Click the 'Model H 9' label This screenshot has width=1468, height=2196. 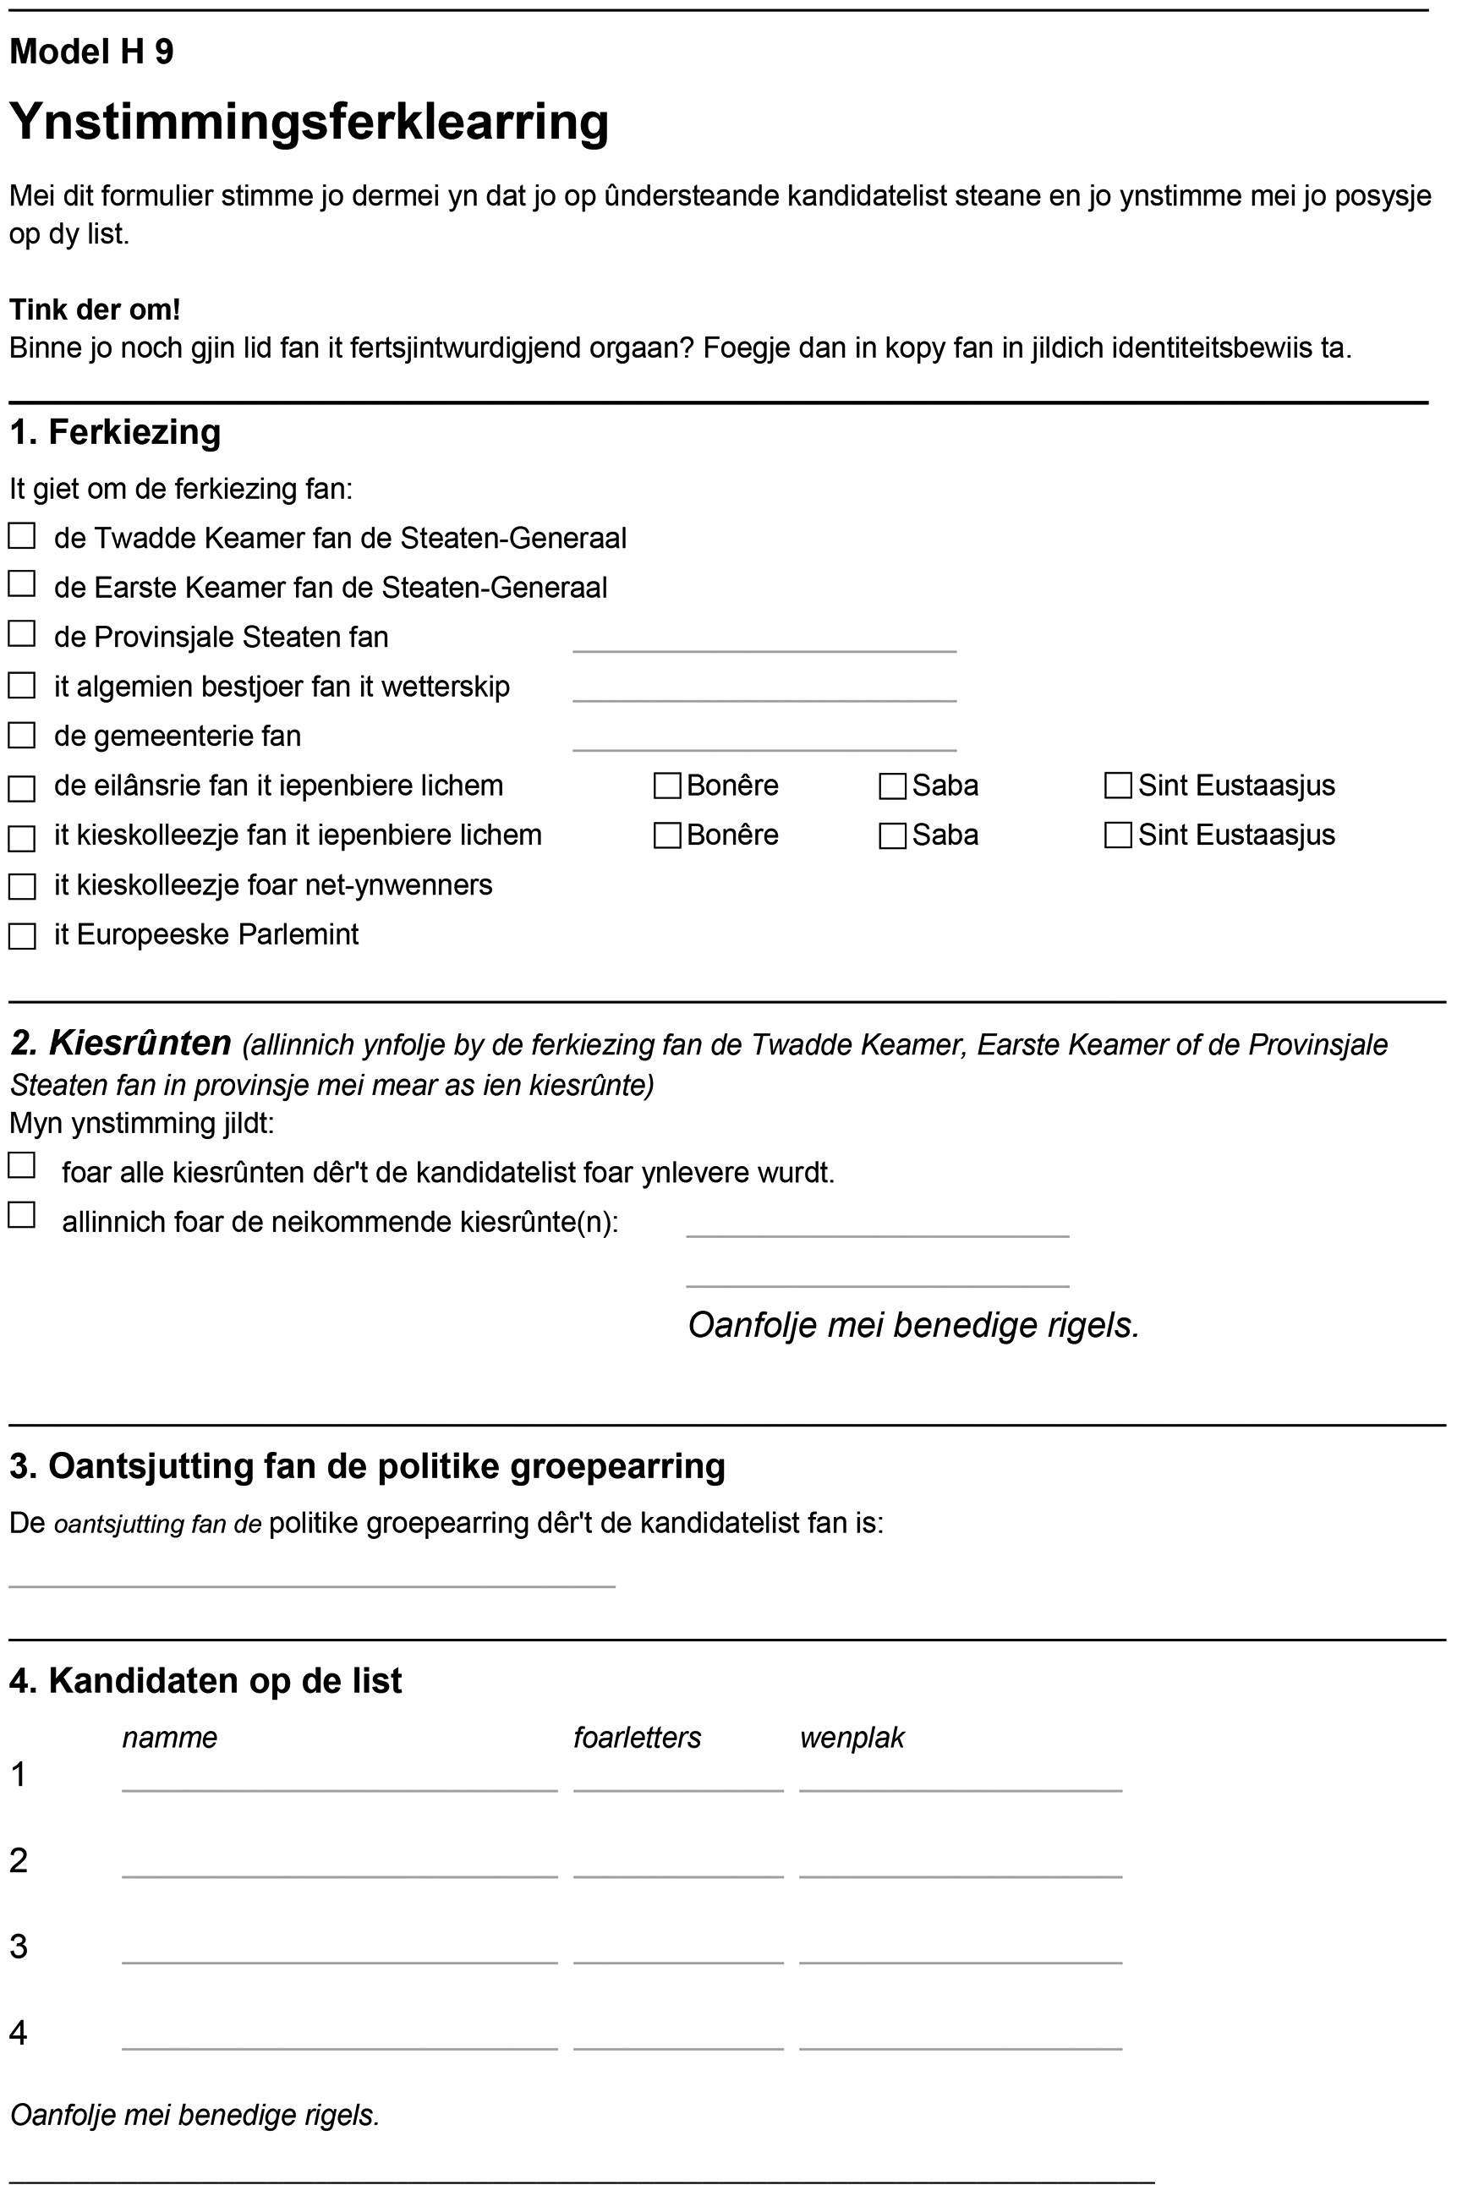(x=91, y=52)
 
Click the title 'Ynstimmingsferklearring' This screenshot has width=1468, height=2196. (x=309, y=122)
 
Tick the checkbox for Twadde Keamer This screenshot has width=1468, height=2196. (x=21, y=536)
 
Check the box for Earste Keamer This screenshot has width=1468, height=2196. (x=21, y=584)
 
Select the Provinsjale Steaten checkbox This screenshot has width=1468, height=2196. (x=21, y=635)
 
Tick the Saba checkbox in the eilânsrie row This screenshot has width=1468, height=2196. (x=892, y=786)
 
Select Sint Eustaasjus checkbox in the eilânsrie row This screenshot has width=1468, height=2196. (x=1118, y=786)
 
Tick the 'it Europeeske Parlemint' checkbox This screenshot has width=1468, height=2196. (x=21, y=936)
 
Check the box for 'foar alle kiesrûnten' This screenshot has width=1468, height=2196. (x=21, y=1165)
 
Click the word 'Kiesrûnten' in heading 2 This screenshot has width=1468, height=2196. (x=140, y=1042)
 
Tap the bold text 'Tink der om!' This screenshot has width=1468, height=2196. (x=95, y=309)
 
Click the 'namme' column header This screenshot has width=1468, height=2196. (x=169, y=1738)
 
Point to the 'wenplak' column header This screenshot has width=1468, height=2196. (x=852, y=1738)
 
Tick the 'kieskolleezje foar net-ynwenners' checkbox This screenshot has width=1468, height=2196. (x=21, y=886)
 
